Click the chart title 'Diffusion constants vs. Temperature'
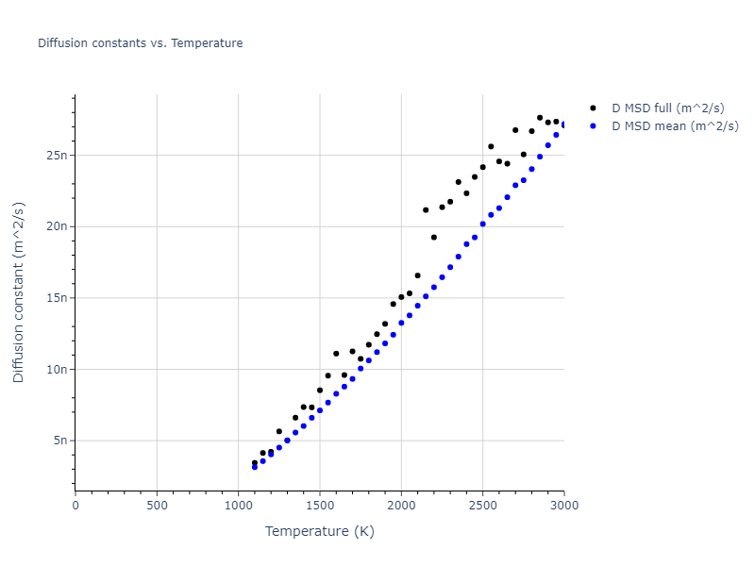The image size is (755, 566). coord(140,43)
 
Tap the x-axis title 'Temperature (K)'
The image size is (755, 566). coord(319,531)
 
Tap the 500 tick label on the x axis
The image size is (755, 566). coord(157,506)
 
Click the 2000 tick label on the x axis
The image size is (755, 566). coord(401,506)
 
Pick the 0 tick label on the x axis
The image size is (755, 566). coord(75,506)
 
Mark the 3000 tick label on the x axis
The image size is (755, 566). coord(563,506)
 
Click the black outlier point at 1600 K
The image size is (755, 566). coord(336,354)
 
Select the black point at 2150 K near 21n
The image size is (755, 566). coord(426,209)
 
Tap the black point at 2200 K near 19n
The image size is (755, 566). coord(434,238)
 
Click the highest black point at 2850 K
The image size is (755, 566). coord(540,118)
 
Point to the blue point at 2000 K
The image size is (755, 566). coord(401,323)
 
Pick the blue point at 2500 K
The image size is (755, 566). coord(483,224)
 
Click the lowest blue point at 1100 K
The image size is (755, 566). coord(255,467)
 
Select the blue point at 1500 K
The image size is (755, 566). coord(320,410)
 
